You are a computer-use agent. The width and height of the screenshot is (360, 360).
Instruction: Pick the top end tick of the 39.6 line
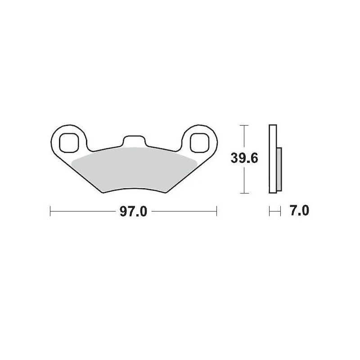(243, 125)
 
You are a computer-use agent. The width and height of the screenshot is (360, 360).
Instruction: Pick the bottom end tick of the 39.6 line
(243, 193)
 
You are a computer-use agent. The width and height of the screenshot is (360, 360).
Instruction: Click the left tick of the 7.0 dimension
(269, 211)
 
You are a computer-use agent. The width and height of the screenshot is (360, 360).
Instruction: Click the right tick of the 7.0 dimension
(281, 211)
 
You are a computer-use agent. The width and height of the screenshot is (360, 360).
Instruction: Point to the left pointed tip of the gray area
(72, 160)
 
